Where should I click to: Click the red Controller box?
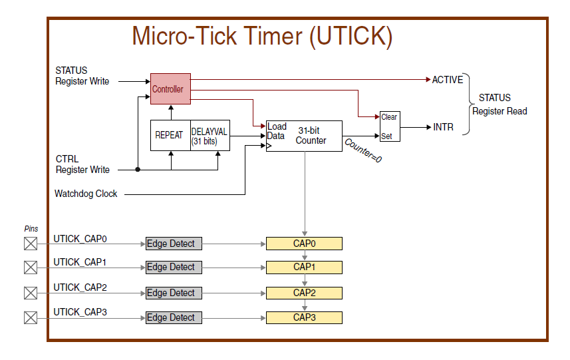coord(170,89)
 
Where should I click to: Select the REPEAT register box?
coord(170,135)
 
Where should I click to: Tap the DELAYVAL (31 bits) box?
coord(210,135)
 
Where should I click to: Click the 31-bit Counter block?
coord(304,135)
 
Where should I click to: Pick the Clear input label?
coord(389,117)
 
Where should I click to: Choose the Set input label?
coord(386,136)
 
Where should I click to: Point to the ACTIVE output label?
coord(447,80)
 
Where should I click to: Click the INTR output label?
coord(444,126)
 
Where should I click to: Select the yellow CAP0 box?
coord(304,244)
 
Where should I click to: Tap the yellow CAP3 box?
coord(304,317)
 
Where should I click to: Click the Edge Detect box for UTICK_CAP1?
coord(174,268)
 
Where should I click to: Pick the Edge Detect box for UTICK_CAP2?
coord(174,293)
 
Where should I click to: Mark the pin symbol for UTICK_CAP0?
coord(31,244)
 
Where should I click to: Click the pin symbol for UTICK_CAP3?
coord(31,317)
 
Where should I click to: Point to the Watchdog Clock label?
coord(86,194)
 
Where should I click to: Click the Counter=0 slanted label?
coord(363,150)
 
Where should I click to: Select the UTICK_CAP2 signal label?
coord(80,287)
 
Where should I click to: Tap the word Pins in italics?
coord(31,228)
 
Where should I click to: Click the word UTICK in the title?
coord(351,35)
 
